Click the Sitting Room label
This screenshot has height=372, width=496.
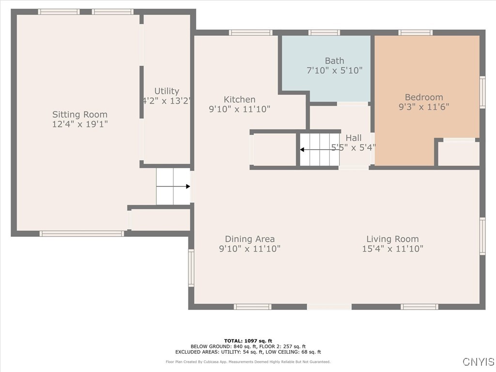pos(80,114)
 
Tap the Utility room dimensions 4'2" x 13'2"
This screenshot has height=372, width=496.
pos(167,101)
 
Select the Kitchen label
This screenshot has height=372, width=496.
pos(239,99)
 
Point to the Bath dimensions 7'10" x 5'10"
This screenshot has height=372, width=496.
pos(335,70)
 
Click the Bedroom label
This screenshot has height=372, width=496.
pos(424,97)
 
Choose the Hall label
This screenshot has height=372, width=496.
pos(353,138)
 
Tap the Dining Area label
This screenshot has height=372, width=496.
pos(249,239)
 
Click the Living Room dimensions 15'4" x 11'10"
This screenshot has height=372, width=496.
pos(392,248)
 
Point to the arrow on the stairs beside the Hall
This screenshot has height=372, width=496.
pos(320,150)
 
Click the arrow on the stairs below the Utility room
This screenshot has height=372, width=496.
pos(173,186)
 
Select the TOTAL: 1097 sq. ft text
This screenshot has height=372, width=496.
pos(248,341)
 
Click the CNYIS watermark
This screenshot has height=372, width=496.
pos(479,361)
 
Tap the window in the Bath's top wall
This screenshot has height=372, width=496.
pos(324,32)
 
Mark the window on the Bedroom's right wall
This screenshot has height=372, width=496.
pos(482,92)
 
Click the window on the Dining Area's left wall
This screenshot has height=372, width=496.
pos(191,268)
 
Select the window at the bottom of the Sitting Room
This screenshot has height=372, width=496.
pos(81,234)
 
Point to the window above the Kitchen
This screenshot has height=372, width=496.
pos(250,32)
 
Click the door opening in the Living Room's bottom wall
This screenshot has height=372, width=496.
pos(329,307)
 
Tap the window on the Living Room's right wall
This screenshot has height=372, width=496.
pos(482,236)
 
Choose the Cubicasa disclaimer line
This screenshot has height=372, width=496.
pos(248,362)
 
